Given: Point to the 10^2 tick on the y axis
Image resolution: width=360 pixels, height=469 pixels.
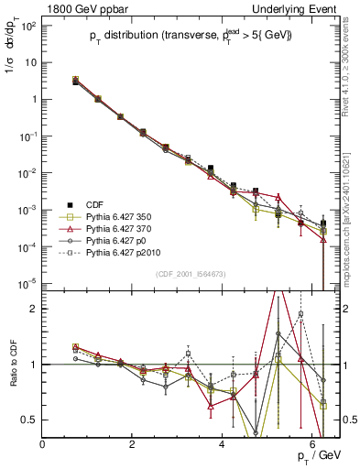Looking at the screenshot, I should click(27, 26).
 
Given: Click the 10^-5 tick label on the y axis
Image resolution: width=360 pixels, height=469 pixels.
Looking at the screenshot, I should click(27, 283).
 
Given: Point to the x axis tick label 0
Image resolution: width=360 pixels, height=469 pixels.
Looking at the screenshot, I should click(43, 443).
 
